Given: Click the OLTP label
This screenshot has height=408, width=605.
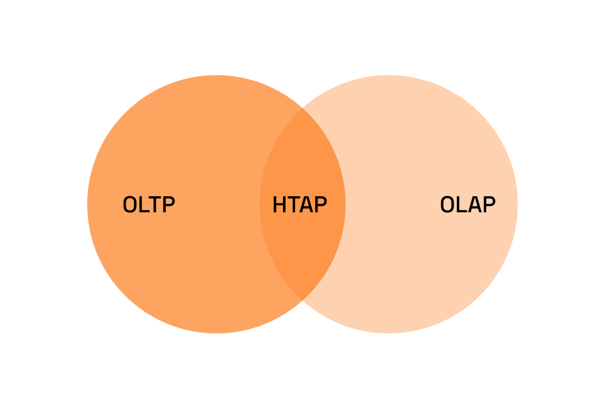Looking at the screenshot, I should [149, 205].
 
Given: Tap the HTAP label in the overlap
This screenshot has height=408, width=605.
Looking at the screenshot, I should [300, 205].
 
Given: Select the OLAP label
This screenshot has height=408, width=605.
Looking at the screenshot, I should [467, 205].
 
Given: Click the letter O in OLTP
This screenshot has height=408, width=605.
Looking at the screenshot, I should [130, 205].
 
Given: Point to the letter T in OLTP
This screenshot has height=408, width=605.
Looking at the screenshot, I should [154, 205].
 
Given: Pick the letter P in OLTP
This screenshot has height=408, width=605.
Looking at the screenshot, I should [168, 205].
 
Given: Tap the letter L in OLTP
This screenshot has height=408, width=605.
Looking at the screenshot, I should [144, 205].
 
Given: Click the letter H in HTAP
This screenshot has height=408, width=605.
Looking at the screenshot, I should [279, 205].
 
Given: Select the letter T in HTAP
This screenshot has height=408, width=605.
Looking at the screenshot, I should [292, 205].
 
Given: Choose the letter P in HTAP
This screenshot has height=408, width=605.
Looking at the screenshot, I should [320, 205].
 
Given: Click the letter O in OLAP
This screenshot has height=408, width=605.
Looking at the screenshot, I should [447, 205].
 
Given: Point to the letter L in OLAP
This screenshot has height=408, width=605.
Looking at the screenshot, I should [461, 205].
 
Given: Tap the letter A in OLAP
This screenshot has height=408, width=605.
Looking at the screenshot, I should [474, 205].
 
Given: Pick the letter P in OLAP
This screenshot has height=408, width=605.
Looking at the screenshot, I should [488, 205].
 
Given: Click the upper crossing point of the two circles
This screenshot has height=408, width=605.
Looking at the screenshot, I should [302, 108].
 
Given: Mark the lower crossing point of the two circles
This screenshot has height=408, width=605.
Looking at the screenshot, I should [302, 300].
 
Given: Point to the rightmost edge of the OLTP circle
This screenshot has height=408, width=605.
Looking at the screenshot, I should [345, 204].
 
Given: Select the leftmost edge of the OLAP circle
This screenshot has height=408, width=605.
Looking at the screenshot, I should [260, 204].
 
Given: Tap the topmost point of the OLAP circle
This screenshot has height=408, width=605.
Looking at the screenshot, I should [389, 76].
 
